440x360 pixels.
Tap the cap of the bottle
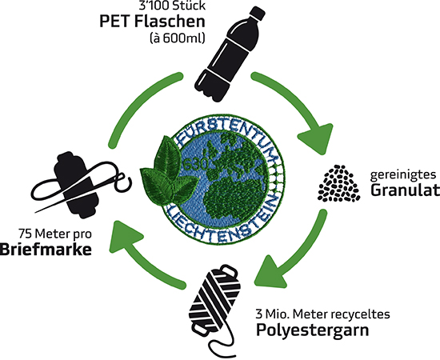tap(258, 13)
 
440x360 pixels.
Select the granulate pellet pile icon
tap(339, 183)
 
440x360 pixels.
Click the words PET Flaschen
tap(152, 22)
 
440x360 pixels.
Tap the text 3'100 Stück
tap(172, 6)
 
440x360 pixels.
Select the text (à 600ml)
tap(177, 38)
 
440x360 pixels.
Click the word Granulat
tap(405, 190)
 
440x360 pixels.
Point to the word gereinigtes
tap(403, 175)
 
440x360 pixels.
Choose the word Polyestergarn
tap(313, 330)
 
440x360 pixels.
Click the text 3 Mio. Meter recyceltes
tap(322, 314)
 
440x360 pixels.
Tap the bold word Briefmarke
tap(46, 249)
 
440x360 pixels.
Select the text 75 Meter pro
tap(55, 234)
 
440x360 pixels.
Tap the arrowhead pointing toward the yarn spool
tap(270, 273)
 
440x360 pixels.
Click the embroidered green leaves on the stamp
tap(166, 172)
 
